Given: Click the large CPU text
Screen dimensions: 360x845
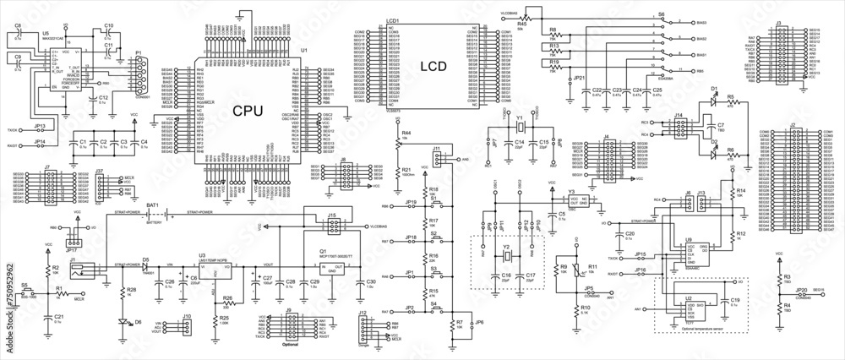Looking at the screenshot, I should coord(247,110).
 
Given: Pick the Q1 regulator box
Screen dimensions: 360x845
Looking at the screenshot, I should coord(330,268).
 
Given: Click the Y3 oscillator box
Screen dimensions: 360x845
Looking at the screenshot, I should coord(582,204).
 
